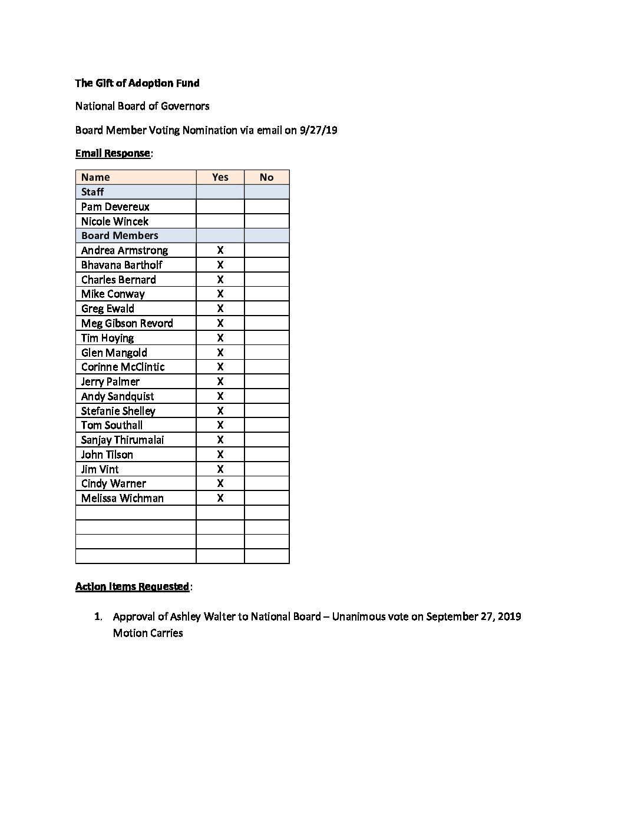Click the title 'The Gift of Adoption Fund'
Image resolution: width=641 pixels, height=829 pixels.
137,83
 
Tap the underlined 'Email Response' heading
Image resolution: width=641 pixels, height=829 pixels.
113,153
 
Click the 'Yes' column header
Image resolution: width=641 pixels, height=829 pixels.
220,177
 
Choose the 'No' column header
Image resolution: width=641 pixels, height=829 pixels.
266,177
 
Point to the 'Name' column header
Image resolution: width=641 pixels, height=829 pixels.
95,177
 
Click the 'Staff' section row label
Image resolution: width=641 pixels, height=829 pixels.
92,192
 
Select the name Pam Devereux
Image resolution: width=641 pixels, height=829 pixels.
115,207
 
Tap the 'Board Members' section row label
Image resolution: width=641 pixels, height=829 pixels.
120,236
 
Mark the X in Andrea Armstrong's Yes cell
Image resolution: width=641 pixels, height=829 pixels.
220,250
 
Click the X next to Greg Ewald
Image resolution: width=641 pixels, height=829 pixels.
220,309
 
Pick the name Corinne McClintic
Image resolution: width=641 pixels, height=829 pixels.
123,367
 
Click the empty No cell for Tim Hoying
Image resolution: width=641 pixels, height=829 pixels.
266,338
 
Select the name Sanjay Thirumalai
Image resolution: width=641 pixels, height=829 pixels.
123,440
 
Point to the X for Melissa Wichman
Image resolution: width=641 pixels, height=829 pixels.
220,498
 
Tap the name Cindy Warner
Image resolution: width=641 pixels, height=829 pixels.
114,483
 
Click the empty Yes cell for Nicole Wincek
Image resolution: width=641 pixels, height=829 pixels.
220,221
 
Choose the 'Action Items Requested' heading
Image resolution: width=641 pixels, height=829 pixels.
133,586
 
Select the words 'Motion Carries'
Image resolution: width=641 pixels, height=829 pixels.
148,633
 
